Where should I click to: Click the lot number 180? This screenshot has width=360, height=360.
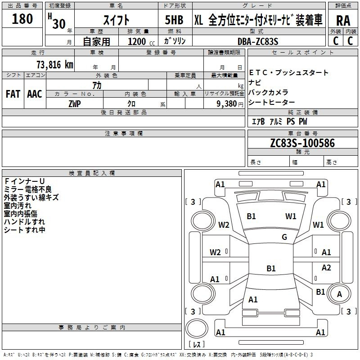[x=22, y=18]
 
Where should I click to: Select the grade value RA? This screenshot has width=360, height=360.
[x=343, y=21]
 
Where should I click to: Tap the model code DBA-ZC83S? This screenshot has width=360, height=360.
[x=258, y=41]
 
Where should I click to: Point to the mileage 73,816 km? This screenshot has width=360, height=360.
[x=55, y=64]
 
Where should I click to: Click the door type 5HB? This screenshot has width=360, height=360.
[x=174, y=20]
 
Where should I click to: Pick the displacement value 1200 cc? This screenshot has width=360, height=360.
[x=141, y=41]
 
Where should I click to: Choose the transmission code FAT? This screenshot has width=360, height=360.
[x=13, y=94]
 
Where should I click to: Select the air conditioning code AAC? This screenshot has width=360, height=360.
[x=35, y=94]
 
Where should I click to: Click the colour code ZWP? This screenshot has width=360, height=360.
[x=75, y=104]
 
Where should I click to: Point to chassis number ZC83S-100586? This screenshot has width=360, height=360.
[x=302, y=143]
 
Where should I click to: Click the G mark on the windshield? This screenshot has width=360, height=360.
[x=284, y=237]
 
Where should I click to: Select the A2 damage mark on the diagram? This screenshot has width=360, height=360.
[x=326, y=267]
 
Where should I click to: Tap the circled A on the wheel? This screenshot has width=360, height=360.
[x=339, y=294]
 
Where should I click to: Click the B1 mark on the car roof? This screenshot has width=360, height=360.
[x=271, y=268]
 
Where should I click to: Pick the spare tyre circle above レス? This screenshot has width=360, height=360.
[x=197, y=328]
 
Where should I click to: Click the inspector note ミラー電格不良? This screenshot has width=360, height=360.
[x=28, y=189]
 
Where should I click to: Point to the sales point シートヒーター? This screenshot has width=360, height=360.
[x=272, y=102]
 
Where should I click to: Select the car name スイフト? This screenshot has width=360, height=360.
[x=116, y=20]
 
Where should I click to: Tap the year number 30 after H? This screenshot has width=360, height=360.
[x=59, y=24]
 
